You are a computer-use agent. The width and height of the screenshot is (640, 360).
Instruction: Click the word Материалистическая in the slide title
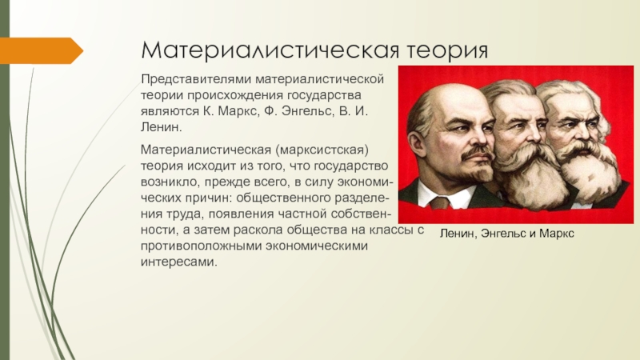point(270,50)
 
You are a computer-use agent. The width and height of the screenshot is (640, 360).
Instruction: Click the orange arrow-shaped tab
point(42,50)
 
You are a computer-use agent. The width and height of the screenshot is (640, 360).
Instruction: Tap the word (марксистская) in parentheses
point(322,150)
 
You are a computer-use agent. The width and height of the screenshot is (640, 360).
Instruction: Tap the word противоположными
point(202,246)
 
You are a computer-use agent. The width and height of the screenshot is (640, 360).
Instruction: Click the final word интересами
point(178,262)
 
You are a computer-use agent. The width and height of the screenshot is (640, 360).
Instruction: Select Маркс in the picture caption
point(556,234)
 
